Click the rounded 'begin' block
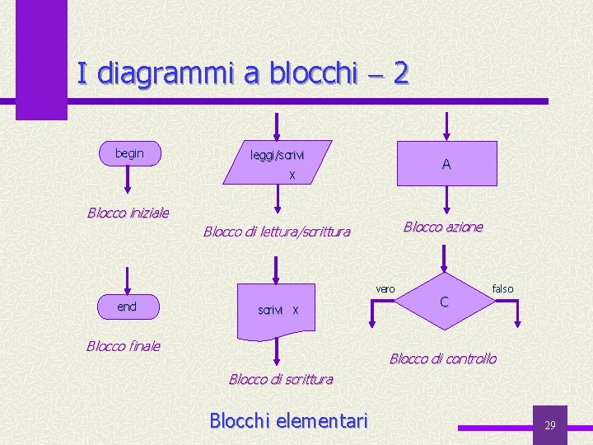click(x=129, y=153)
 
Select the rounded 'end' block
click(x=128, y=307)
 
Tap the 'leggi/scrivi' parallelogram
click(x=278, y=162)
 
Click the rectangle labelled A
click(x=446, y=163)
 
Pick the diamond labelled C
click(x=445, y=302)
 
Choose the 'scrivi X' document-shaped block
click(x=278, y=310)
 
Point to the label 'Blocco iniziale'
click(x=128, y=213)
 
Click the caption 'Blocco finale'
click(x=124, y=346)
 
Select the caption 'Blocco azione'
click(x=443, y=227)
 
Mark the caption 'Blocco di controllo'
click(x=443, y=358)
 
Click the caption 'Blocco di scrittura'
click(x=281, y=379)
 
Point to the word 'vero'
click(x=385, y=288)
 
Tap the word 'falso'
click(x=502, y=288)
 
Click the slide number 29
click(x=550, y=425)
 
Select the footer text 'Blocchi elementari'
click(x=288, y=421)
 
